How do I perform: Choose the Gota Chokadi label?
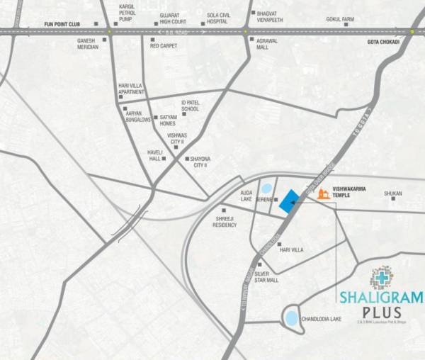(x=381, y=42)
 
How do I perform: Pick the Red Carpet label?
(x=165, y=45)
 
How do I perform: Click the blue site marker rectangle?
(x=288, y=202)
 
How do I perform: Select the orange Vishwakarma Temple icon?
(x=324, y=195)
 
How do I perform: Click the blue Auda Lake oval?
(x=266, y=189)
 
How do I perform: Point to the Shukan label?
(x=393, y=193)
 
